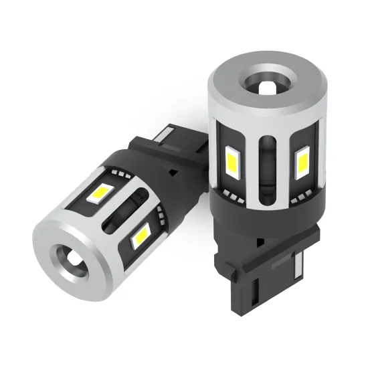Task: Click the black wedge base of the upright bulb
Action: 268,274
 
